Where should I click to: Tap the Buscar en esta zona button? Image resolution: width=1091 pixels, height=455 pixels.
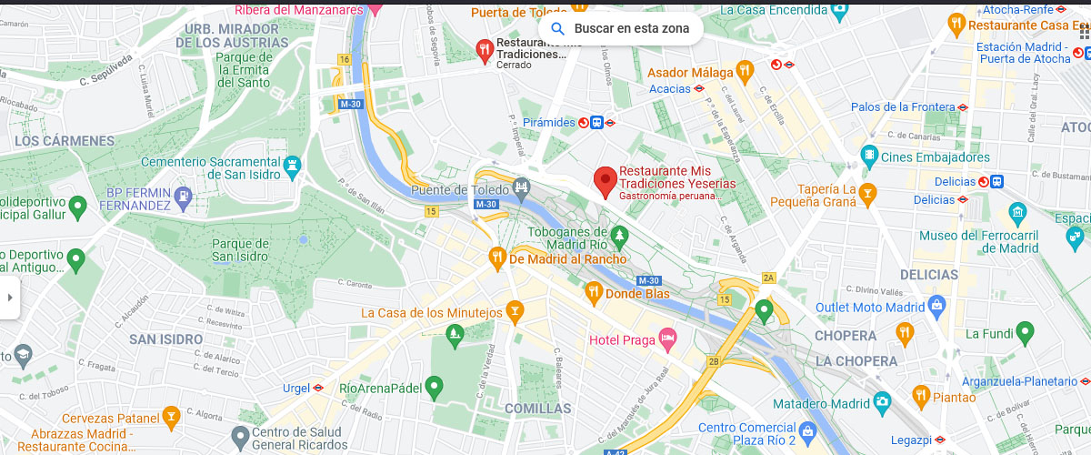[x=621, y=28]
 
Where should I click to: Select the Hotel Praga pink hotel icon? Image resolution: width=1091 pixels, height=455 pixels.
[x=667, y=339]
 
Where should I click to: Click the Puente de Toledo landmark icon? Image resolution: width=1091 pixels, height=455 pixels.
[x=521, y=188]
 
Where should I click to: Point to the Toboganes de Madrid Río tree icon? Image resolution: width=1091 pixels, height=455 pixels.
[x=620, y=237]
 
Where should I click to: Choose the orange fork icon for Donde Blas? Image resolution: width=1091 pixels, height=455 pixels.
[x=594, y=292]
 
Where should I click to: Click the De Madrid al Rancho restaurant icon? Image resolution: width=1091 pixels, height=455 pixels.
[x=496, y=258]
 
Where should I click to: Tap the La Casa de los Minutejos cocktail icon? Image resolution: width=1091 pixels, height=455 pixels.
[x=515, y=312]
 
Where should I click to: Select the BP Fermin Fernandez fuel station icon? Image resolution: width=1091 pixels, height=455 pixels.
[x=185, y=196]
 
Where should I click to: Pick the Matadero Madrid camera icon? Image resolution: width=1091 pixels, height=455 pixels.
[x=882, y=401]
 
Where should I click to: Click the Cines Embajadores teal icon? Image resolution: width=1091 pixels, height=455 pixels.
[x=869, y=156]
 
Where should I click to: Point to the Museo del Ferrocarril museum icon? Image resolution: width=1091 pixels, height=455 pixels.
[x=1017, y=215]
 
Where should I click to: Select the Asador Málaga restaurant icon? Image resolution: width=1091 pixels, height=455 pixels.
[x=745, y=70]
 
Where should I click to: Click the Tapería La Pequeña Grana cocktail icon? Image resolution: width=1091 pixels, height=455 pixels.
[x=867, y=192]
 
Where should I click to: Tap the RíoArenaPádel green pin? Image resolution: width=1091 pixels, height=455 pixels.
[x=435, y=387]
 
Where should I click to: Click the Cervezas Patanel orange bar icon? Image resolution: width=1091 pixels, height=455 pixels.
[x=170, y=416]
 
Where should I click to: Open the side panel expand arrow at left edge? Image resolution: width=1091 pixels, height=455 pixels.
[x=9, y=297]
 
